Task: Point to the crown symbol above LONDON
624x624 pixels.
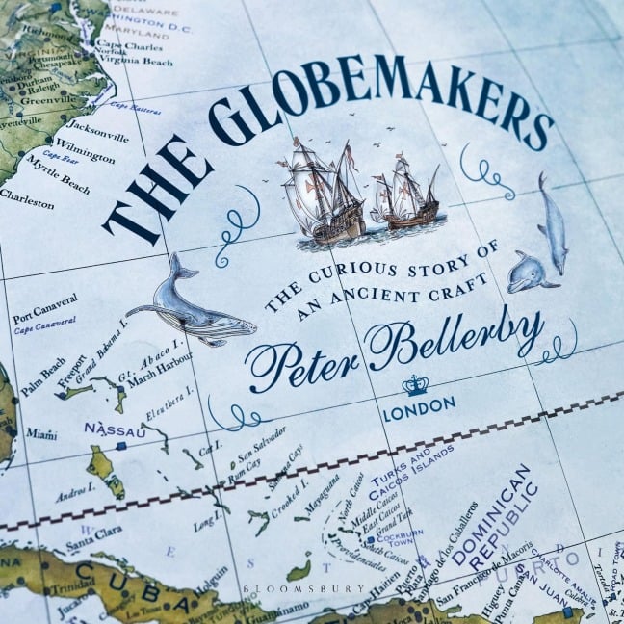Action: coord(416,385)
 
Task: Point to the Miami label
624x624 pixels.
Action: coord(40,434)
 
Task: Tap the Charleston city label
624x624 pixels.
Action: coord(26,193)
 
